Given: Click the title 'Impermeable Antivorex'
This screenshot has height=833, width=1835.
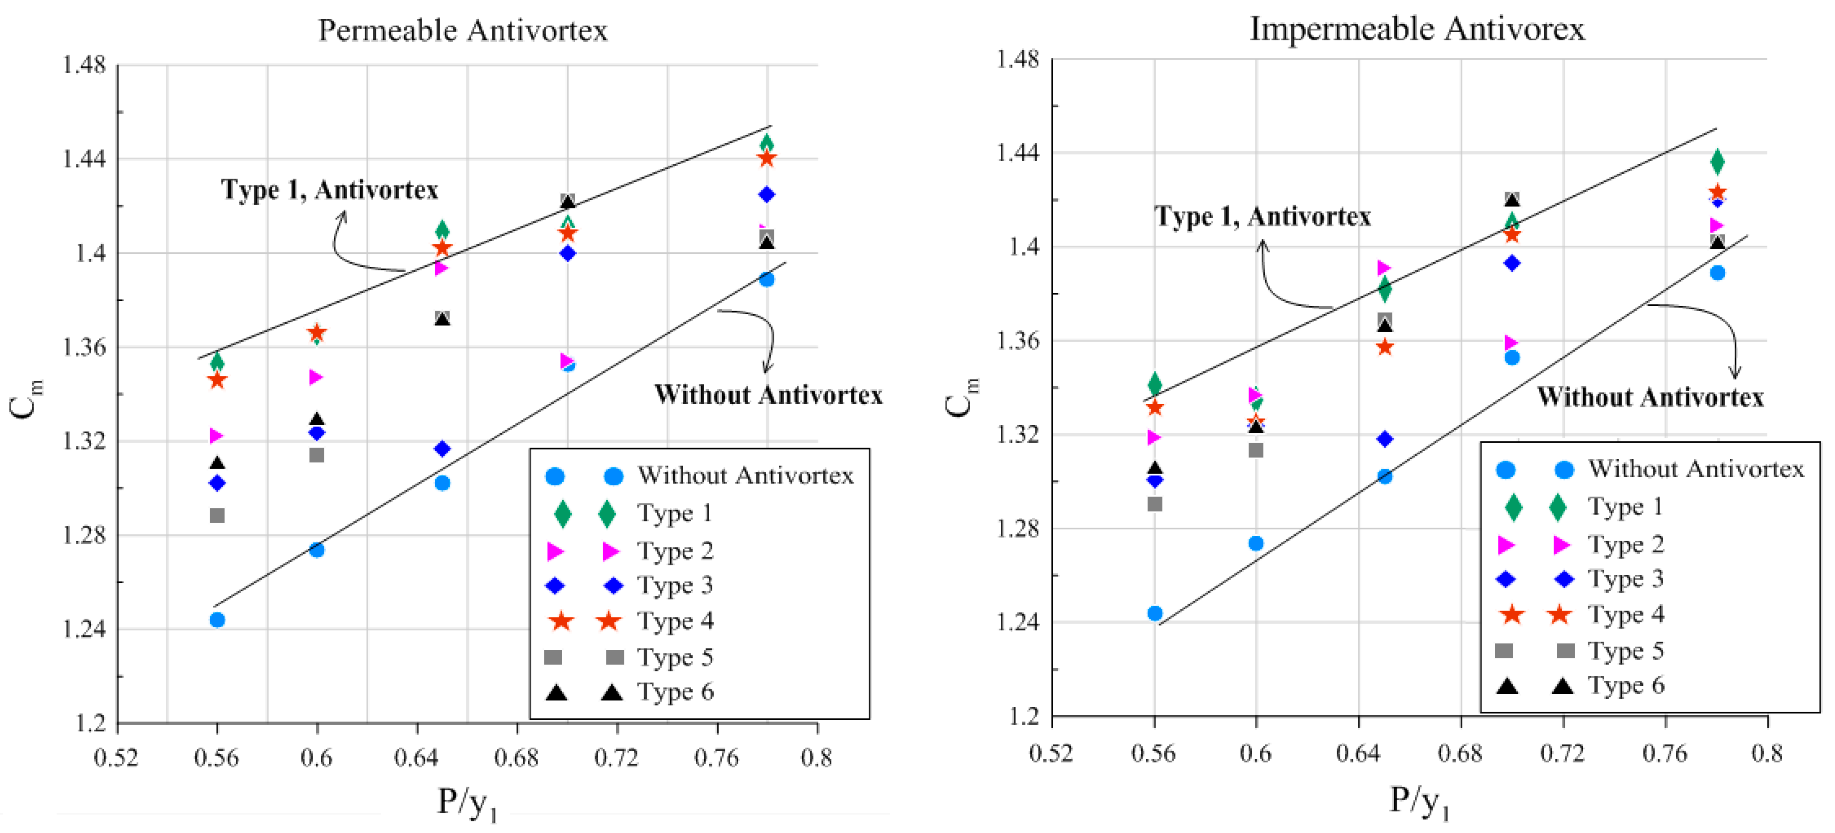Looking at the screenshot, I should pos(1417,29).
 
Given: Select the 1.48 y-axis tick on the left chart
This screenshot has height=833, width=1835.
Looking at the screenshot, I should pos(84,65).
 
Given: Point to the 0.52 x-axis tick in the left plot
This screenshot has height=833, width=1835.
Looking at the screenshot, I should pos(116,757).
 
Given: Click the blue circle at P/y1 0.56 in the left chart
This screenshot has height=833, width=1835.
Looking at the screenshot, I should pos(217,620).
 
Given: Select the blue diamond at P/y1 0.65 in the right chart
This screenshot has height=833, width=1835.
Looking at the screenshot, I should pos(1384,439).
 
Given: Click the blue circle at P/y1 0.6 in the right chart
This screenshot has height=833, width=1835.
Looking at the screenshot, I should pos(1256,543).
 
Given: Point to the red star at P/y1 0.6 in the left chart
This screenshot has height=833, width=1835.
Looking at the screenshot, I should pos(317,333).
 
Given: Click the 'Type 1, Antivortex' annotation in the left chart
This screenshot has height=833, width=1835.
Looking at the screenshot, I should pos(329,189).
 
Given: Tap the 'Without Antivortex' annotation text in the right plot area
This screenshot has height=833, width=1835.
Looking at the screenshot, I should pos(1650,397).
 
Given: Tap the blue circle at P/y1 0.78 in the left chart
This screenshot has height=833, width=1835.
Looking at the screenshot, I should pos(767,279).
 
